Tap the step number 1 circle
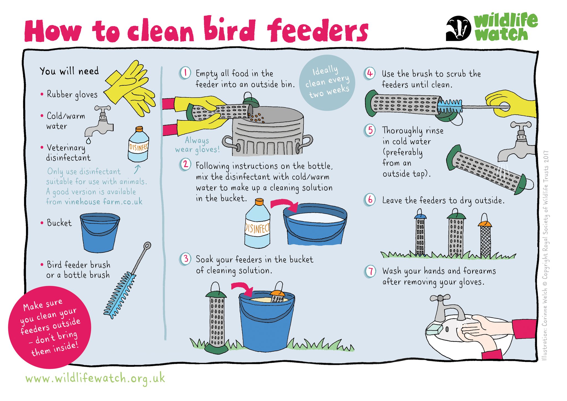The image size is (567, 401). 185,73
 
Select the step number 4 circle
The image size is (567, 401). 370,74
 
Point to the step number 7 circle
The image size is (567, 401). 370,271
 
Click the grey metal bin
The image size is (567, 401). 267,130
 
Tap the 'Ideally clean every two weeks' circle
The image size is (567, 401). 327,83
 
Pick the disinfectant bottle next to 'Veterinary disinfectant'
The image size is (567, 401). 138,145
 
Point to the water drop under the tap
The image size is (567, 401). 89,141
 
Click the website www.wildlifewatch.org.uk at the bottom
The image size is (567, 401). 95,379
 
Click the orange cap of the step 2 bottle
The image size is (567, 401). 259,202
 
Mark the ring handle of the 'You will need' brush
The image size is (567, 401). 148,245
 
